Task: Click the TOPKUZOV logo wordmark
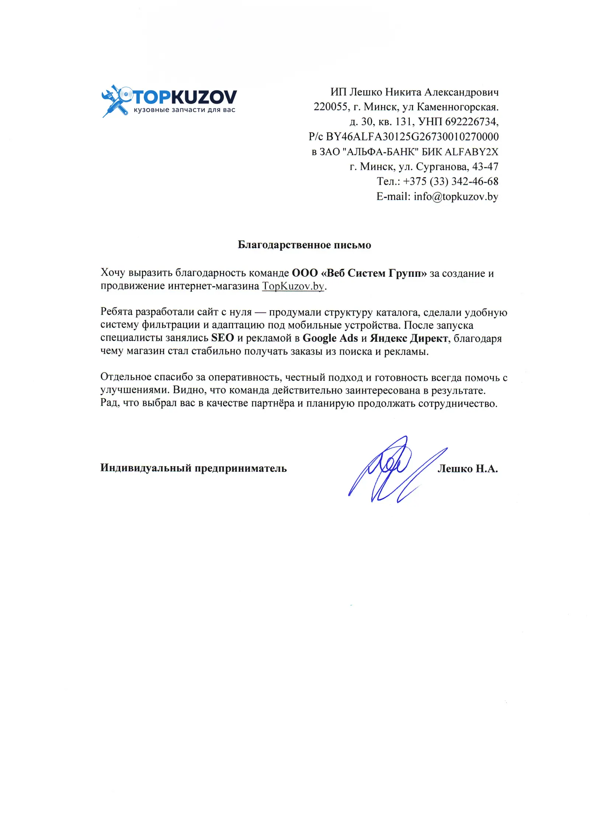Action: [x=184, y=97]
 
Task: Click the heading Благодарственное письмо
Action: [x=304, y=245]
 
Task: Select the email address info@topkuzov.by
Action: [x=456, y=196]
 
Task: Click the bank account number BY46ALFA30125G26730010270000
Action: [x=412, y=137]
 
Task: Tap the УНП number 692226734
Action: [x=471, y=122]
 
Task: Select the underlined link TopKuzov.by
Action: [x=293, y=286]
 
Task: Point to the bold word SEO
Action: [x=222, y=338]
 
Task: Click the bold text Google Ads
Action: [x=330, y=338]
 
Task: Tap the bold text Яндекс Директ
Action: [x=409, y=338]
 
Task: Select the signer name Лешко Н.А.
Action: [x=468, y=469]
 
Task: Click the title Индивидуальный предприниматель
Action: [x=193, y=468]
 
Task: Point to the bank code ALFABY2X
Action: [x=472, y=152]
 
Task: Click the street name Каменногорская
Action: [x=457, y=107]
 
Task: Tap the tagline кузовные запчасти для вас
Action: [x=184, y=110]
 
